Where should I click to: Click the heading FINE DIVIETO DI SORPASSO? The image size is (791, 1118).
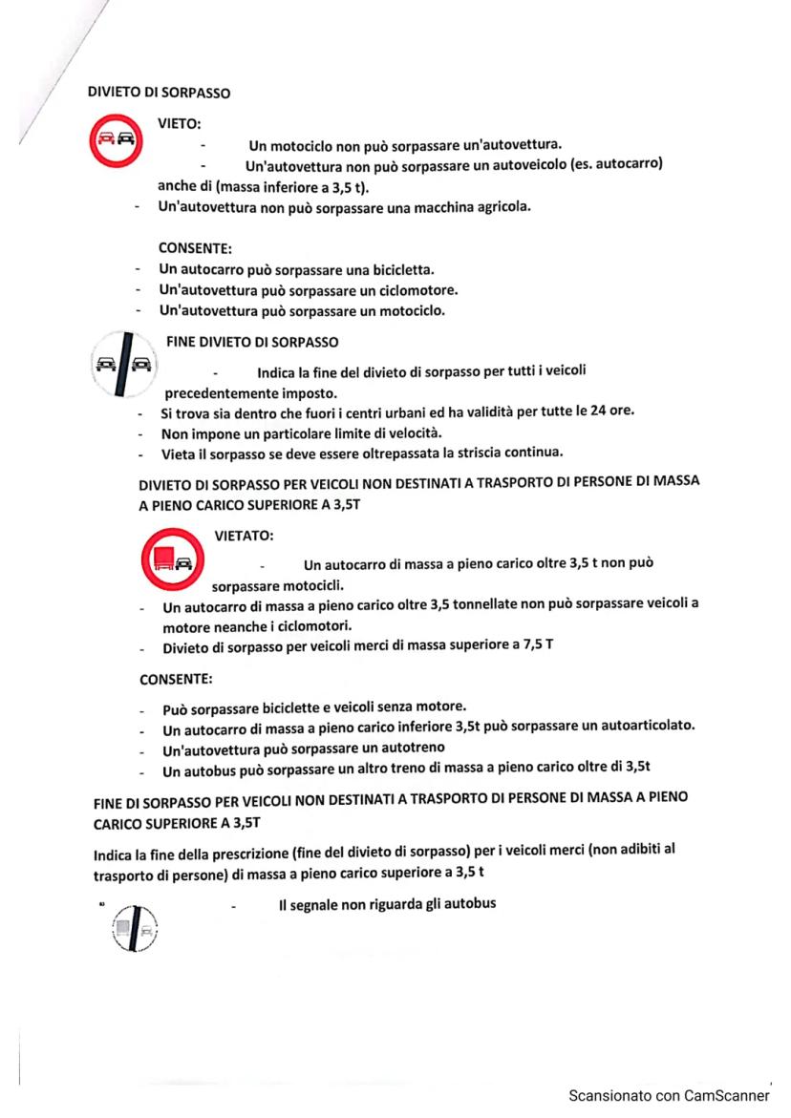tap(253, 338)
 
